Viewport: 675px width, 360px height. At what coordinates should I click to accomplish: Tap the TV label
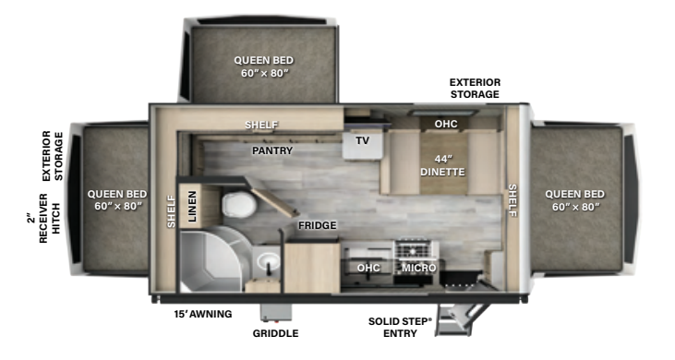pos(362,141)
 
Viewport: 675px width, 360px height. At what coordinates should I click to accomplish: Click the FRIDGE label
pos(317,225)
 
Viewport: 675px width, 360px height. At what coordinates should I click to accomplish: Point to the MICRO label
pos(419,268)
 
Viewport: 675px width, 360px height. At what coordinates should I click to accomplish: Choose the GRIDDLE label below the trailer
pos(276,333)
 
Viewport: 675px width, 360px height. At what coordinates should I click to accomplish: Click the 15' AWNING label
pos(203,314)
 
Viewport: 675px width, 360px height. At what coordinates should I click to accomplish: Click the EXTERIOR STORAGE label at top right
pos(475,88)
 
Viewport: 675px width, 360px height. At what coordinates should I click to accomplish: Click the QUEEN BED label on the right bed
pos(574,199)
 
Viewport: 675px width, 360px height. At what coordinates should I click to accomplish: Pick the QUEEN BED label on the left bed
pos(116,199)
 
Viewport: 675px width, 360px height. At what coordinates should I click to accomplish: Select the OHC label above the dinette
pos(446,123)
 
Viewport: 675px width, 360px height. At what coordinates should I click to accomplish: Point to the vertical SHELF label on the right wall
pos(512,200)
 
